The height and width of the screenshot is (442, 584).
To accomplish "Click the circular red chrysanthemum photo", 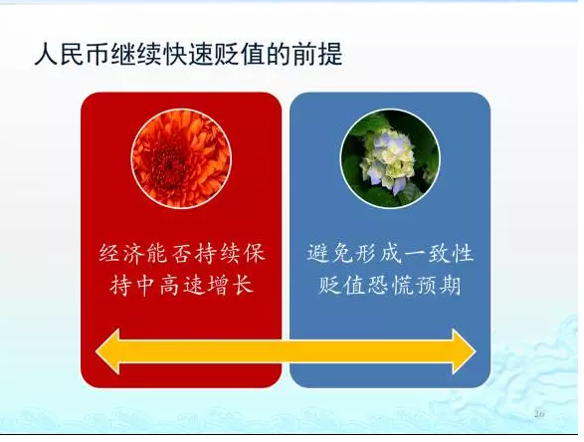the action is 181,158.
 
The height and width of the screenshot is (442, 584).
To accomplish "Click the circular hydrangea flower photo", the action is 390,158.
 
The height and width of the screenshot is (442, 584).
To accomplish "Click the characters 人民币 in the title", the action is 73,55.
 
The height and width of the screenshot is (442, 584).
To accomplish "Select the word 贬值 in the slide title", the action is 240,55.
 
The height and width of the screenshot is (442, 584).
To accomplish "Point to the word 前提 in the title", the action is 317,55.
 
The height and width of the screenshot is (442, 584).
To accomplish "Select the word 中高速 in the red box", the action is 170,286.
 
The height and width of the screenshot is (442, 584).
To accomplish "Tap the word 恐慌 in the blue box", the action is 390,286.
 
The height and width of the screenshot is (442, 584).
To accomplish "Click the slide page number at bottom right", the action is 539,414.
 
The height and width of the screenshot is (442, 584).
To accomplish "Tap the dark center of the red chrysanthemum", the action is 168,164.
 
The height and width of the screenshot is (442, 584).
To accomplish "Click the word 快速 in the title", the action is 189,55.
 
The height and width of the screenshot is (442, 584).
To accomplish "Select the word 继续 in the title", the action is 137,55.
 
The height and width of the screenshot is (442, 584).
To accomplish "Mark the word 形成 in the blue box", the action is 378,254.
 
